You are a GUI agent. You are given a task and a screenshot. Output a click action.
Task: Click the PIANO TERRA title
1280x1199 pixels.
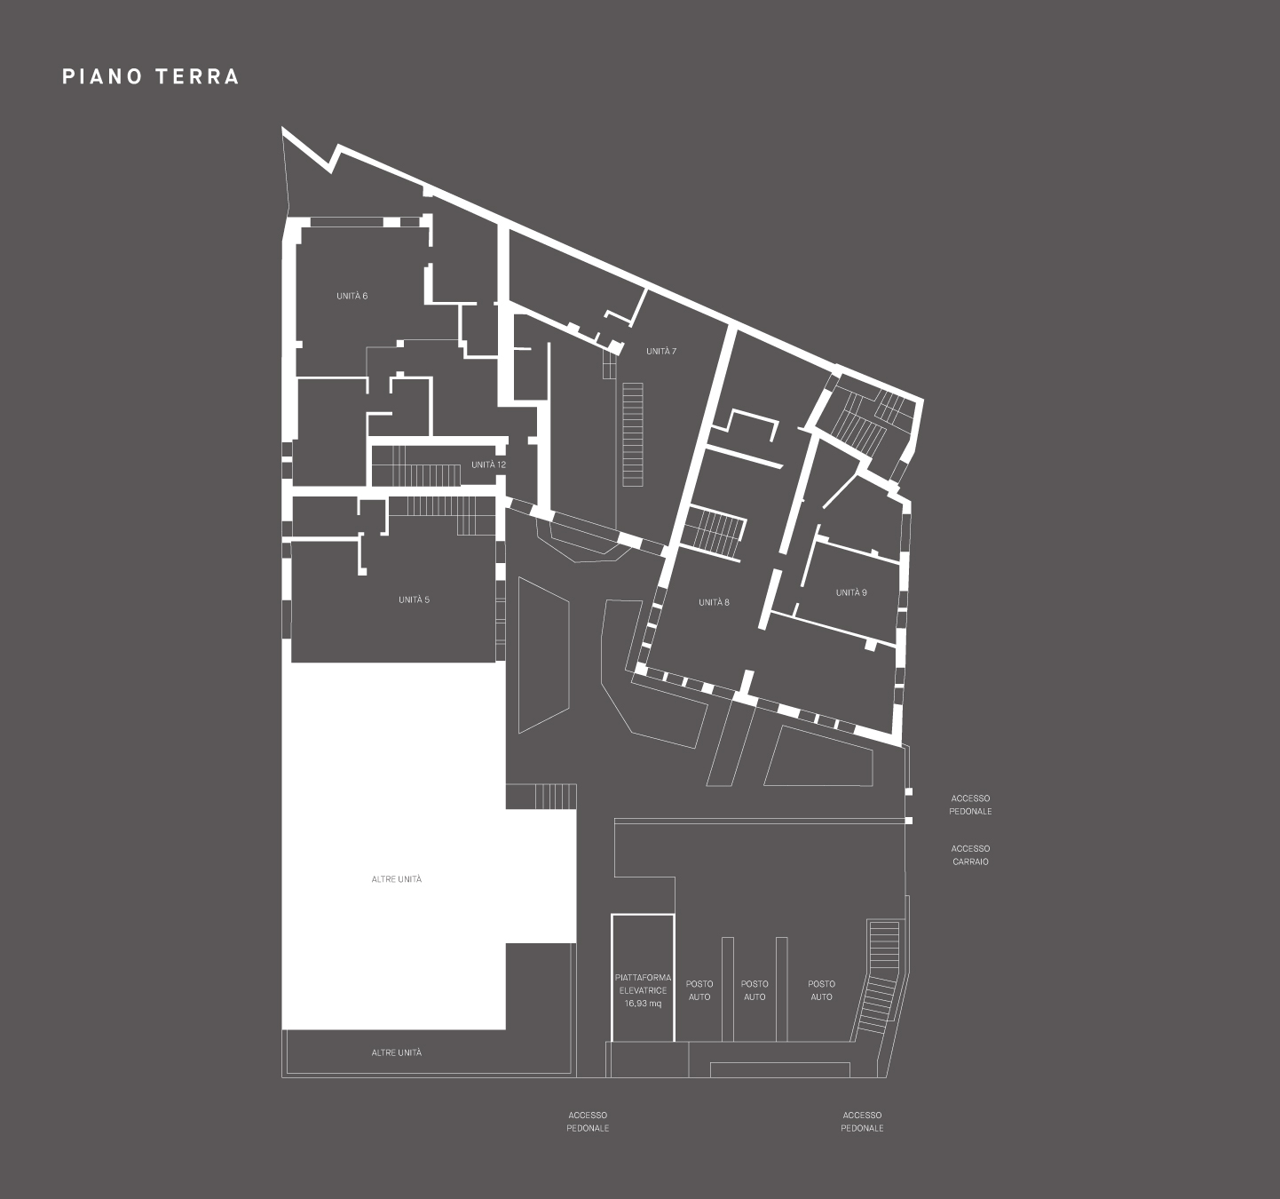(150, 76)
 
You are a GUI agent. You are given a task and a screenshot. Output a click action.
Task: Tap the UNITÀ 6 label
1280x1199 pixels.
(352, 296)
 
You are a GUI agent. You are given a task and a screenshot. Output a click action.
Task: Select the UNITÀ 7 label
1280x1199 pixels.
(661, 352)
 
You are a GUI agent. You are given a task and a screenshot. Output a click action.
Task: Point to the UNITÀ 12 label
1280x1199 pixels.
(488, 465)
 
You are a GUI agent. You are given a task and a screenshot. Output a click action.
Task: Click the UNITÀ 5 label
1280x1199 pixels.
(414, 599)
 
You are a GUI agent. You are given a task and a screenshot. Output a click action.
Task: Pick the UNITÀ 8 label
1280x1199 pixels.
(714, 602)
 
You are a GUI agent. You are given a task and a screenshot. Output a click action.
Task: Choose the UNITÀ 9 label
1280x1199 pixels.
(851, 592)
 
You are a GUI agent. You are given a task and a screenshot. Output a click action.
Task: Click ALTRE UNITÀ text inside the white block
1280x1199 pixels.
(397, 879)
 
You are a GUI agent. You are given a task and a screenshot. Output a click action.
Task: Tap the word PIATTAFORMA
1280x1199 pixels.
(644, 978)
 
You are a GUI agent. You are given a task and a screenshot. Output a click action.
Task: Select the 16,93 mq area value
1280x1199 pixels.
(643, 1004)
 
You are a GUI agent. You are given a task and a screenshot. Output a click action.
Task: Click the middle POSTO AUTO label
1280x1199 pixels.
(755, 990)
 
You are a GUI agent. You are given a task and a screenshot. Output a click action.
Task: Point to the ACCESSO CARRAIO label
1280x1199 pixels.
(970, 855)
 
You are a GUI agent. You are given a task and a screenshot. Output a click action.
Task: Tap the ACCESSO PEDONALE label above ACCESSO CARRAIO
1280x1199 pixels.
(970, 805)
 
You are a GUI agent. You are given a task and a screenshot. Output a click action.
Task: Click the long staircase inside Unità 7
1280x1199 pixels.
(633, 434)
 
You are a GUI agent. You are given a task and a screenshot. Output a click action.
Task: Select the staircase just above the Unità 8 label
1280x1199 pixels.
(714, 533)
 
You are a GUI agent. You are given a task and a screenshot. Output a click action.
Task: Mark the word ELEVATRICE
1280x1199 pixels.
(644, 990)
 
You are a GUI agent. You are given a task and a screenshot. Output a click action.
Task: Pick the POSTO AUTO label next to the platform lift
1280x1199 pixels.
(699, 990)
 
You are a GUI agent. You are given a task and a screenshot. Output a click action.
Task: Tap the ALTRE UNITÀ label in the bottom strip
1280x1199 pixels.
(397, 1052)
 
